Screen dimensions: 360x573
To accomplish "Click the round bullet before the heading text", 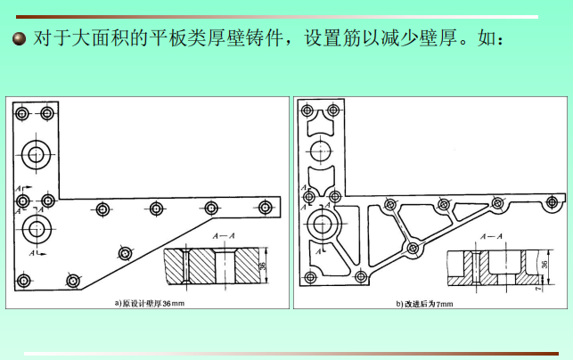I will point(18,41).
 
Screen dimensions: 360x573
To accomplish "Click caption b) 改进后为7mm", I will point(425,303).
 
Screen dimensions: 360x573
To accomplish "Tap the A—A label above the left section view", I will point(225,235).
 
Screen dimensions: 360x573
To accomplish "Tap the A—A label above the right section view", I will point(491,236).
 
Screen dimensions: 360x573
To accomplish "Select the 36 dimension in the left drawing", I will point(264,266).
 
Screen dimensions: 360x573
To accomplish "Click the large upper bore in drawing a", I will point(37,154).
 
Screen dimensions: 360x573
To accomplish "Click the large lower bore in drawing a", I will point(37,228).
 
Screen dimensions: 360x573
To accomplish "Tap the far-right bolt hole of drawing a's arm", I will point(265,208).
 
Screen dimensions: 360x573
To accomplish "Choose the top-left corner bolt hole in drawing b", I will point(308,110).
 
